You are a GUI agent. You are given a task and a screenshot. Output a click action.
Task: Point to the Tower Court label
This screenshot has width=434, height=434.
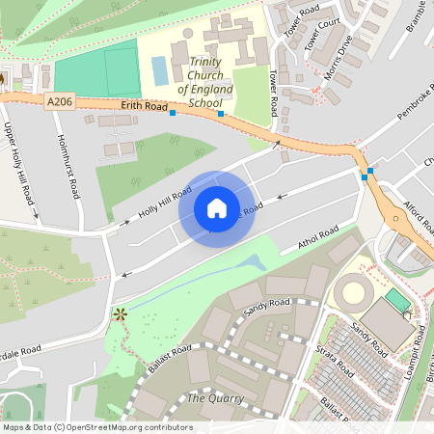click(322, 34)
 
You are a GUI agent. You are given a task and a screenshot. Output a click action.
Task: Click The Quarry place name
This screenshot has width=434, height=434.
click(215, 398)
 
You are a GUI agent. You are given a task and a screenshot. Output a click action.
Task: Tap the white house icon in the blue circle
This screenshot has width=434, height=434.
click(216, 207)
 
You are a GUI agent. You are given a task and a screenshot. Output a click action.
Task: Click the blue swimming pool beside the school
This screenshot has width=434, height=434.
click(159, 70)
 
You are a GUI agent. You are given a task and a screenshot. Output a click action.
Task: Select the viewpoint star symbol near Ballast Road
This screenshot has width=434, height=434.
click(121, 313)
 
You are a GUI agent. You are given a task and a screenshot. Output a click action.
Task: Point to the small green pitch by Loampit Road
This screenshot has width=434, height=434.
click(397, 300)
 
